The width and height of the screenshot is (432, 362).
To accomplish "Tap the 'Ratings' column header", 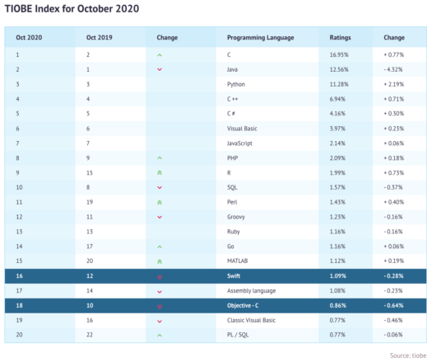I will point(341,38).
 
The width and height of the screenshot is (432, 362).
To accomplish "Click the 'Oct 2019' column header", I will point(97,38).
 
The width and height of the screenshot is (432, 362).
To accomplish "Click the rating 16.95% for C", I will point(340,54).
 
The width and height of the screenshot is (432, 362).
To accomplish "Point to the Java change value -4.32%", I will point(394,69).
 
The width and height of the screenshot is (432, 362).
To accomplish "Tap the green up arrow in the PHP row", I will point(160,157).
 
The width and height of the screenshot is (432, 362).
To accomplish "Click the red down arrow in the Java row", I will point(160,69).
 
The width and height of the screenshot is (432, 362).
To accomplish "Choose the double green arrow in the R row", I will point(160,172).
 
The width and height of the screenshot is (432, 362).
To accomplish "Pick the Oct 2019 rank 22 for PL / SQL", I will point(91,335).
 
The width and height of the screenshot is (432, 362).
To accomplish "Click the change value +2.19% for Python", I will point(394,84).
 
